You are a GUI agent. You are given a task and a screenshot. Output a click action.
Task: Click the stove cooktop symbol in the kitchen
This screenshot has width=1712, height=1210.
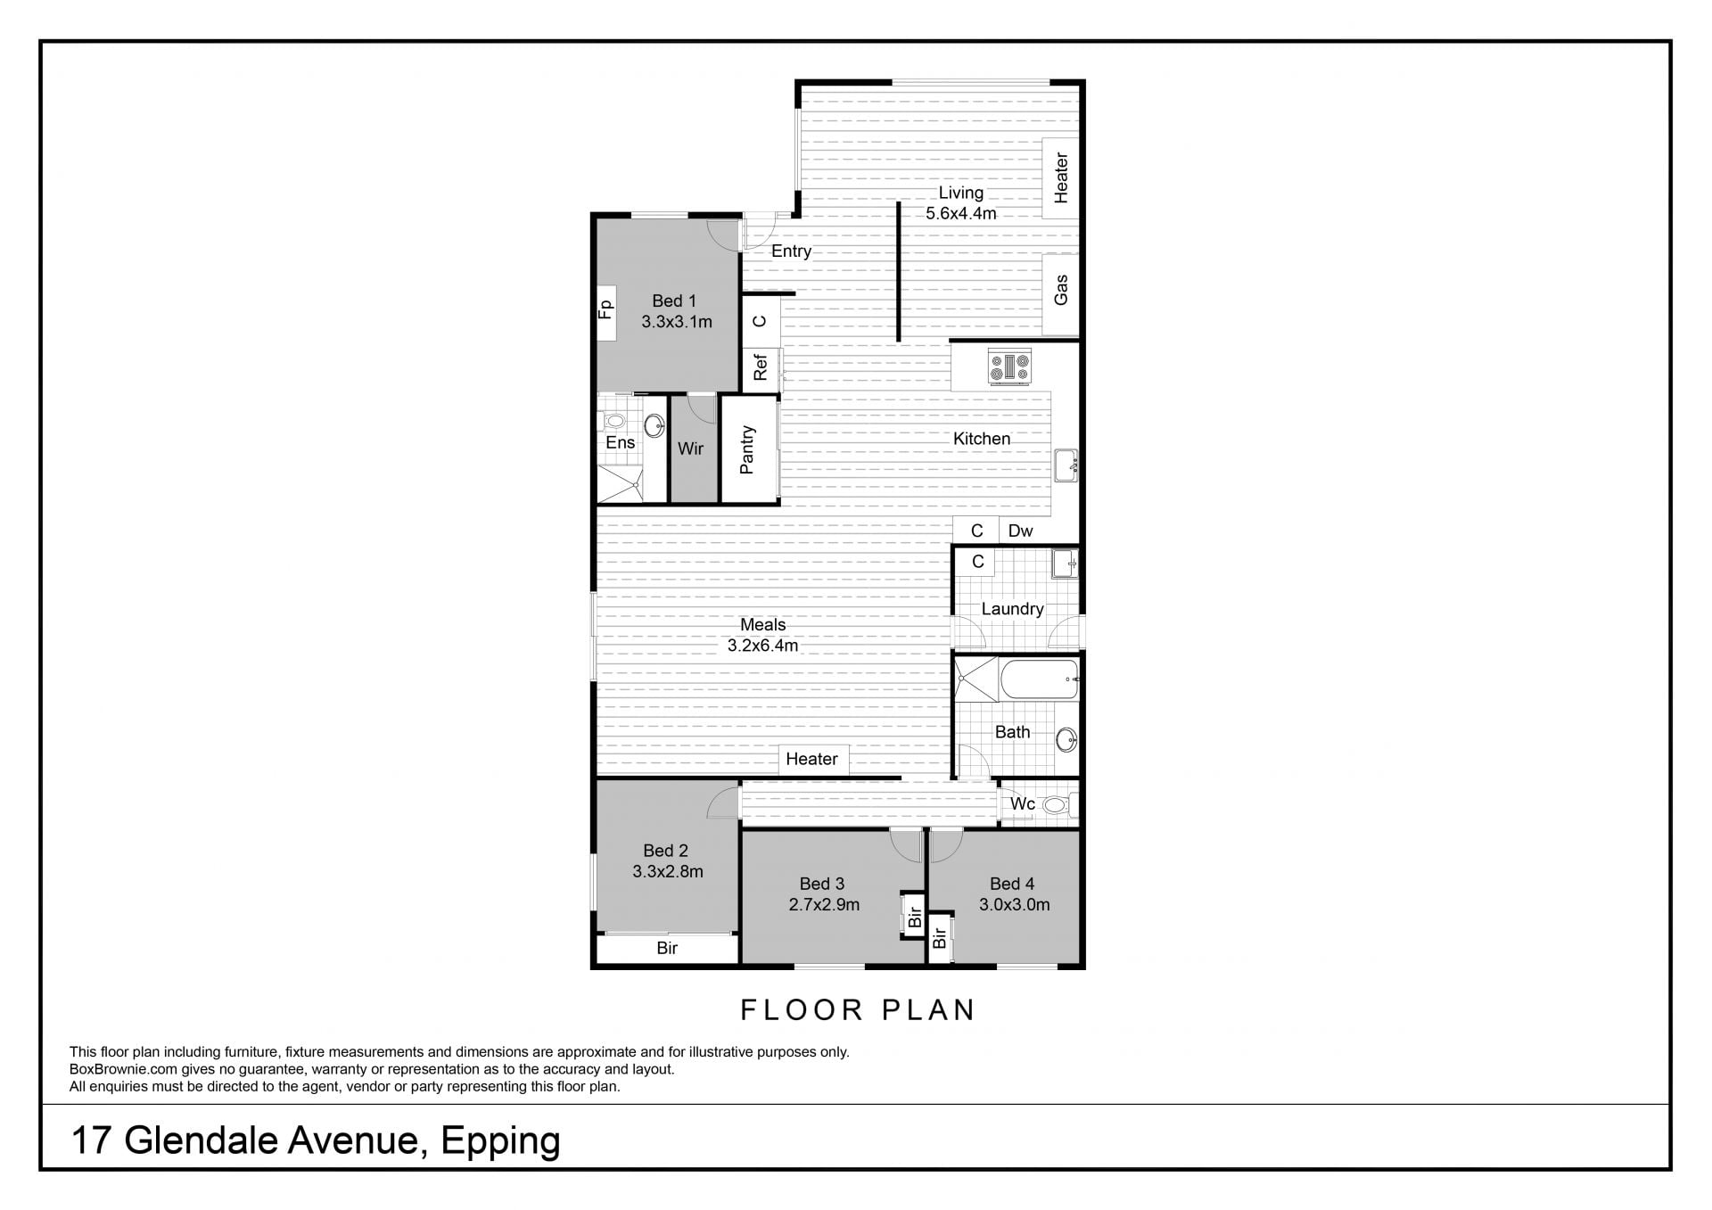click(x=1010, y=366)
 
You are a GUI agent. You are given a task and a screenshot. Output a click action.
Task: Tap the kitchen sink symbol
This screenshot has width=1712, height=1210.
click(x=1066, y=465)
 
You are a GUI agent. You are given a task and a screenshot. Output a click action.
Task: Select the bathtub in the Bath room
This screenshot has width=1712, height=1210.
click(x=1040, y=680)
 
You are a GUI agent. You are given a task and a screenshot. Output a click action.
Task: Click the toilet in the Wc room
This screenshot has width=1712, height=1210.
click(x=1058, y=805)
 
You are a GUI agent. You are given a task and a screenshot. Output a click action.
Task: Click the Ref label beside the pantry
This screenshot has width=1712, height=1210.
click(x=761, y=367)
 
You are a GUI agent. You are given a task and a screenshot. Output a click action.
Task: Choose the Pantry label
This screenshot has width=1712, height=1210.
click(x=747, y=449)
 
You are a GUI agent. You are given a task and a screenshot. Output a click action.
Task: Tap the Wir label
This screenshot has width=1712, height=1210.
click(x=691, y=449)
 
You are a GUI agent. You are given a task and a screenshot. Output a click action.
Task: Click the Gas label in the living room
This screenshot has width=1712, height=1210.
click(x=1061, y=290)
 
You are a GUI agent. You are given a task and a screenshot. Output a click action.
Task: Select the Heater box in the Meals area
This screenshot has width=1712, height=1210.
click(x=811, y=759)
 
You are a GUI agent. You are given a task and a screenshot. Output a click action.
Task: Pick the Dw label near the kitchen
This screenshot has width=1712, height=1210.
click(x=1020, y=531)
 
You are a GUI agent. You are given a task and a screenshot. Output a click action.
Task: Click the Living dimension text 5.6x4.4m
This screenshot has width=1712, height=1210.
click(x=961, y=214)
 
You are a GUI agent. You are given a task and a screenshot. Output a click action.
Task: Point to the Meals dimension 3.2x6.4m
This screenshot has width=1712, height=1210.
click(x=762, y=646)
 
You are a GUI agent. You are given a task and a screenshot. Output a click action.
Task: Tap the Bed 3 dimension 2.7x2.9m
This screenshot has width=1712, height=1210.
click(x=824, y=905)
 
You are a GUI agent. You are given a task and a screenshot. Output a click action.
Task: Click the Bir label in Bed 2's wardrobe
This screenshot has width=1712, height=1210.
click(x=667, y=948)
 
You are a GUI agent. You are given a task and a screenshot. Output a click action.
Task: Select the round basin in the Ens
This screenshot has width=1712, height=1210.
click(x=654, y=425)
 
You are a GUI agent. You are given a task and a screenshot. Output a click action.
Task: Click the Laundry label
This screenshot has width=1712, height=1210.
click(x=1012, y=609)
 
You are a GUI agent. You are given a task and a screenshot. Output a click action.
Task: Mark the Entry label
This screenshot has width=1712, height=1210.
click(x=791, y=251)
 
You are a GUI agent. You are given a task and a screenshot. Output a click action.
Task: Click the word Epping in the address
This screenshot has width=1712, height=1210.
click(x=500, y=1142)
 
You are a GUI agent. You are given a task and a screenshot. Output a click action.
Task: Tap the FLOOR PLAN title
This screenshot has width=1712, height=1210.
click(x=858, y=1010)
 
